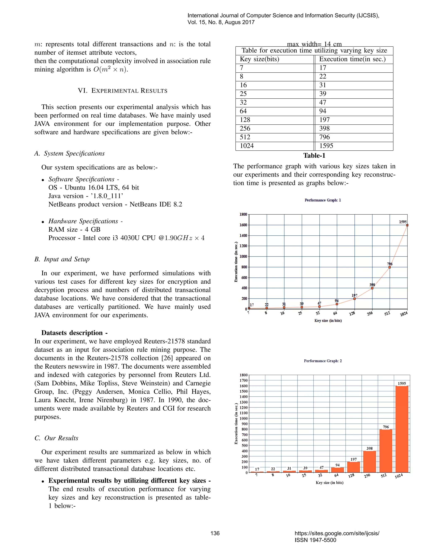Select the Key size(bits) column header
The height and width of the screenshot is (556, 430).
259,59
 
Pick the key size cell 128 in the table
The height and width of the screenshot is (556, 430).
245,120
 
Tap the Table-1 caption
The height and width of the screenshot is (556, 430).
314,155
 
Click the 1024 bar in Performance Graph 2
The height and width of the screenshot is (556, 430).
402,429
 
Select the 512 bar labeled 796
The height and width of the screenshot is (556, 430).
386,451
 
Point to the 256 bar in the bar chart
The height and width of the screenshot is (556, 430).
369,462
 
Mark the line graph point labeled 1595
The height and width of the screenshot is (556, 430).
407,225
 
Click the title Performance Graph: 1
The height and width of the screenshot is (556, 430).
322,200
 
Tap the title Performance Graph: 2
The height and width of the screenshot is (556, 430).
322,361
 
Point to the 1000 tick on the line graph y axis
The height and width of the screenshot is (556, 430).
243,256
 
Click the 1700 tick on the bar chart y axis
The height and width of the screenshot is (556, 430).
244,380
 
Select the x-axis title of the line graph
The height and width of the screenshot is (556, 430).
328,321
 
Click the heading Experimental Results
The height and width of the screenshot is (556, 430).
123,91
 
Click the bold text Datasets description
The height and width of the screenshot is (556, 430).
74,333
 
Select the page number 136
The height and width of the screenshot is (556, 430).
215,533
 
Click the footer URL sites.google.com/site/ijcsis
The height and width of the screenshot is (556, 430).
337,533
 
